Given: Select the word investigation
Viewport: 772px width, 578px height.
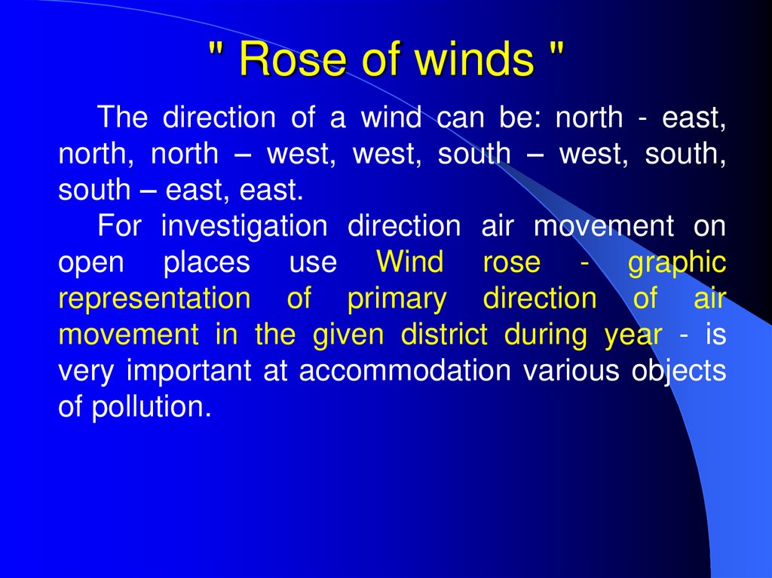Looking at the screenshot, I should click(244, 226).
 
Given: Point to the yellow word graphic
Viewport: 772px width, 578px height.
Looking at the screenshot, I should click(676, 262).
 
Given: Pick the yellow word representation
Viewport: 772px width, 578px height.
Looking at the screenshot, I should click(154, 298).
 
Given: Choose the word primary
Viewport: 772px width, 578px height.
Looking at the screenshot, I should click(397, 298).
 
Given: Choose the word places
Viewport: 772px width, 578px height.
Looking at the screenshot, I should click(206, 262).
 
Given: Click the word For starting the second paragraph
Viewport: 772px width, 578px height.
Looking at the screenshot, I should click(119, 226).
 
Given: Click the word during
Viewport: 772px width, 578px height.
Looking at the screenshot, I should click(545, 335).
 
